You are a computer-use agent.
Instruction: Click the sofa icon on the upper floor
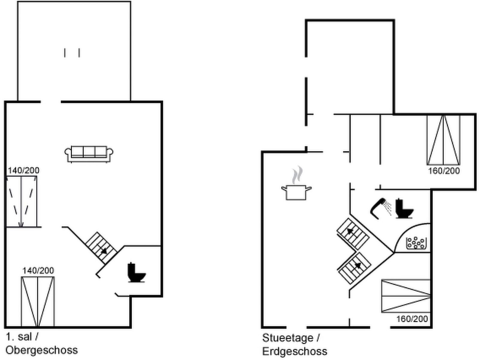(89, 154)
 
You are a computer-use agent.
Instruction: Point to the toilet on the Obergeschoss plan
(136, 272)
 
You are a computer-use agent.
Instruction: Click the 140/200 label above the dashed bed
(23, 170)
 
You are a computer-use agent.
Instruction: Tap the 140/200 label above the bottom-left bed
(38, 271)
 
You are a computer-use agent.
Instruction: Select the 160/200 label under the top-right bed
(444, 171)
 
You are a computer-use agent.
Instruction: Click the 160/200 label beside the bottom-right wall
(412, 319)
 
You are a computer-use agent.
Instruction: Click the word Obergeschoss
(42, 350)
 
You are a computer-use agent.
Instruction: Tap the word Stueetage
(287, 338)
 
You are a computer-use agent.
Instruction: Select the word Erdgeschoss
(295, 351)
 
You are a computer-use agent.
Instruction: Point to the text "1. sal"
(19, 337)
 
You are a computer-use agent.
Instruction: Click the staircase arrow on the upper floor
(103, 250)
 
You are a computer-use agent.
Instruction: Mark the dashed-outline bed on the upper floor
(22, 202)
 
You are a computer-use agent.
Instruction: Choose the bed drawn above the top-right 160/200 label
(443, 140)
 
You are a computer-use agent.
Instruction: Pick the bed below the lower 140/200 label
(38, 301)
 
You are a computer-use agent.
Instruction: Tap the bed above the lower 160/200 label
(406, 296)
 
